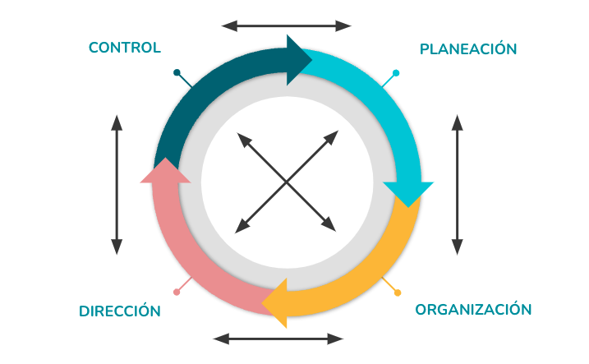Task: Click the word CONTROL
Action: pyautogui.click(x=125, y=48)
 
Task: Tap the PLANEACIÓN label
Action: pyautogui.click(x=468, y=48)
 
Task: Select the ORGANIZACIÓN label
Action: pyautogui.click(x=473, y=309)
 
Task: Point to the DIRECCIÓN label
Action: pyautogui.click(x=120, y=311)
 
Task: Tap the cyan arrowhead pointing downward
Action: pyautogui.click(x=408, y=192)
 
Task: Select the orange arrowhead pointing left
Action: pyautogui.click(x=276, y=303)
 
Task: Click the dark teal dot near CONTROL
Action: pyautogui.click(x=177, y=72)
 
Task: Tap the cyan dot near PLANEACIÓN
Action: pyautogui.click(x=396, y=73)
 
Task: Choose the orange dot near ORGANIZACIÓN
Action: pyautogui.click(x=398, y=293)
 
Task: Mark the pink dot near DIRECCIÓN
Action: pyautogui.click(x=177, y=292)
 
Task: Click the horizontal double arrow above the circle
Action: pyautogui.click(x=286, y=26)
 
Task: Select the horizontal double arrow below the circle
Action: pyautogui.click(x=278, y=339)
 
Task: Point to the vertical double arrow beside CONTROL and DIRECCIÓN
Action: pyautogui.click(x=117, y=185)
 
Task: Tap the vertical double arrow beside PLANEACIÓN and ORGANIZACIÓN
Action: pyautogui.click(x=457, y=185)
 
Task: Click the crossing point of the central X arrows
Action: pyautogui.click(x=286, y=182)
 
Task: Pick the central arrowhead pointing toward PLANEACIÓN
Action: pyautogui.click(x=332, y=137)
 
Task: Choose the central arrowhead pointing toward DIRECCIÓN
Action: pyautogui.click(x=242, y=227)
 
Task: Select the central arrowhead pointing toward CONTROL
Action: pyautogui.click(x=244, y=140)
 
